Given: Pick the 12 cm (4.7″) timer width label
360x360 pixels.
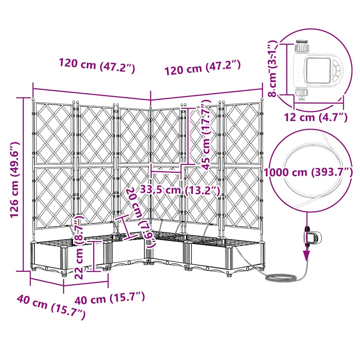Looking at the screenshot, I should click(316, 117).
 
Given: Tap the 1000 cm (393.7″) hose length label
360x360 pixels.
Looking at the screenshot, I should click(308, 172).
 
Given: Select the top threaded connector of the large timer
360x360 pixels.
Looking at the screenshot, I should click(302, 46).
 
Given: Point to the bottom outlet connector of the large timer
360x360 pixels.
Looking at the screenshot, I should click(301, 93).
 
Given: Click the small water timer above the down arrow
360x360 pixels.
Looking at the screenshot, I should click(312, 238).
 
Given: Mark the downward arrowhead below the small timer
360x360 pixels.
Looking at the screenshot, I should click(307, 255).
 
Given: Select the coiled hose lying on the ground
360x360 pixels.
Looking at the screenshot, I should click(281, 278).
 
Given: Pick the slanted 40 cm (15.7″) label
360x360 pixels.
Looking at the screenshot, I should click(51, 307).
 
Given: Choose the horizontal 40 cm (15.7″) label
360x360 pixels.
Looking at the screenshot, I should click(110, 298).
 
